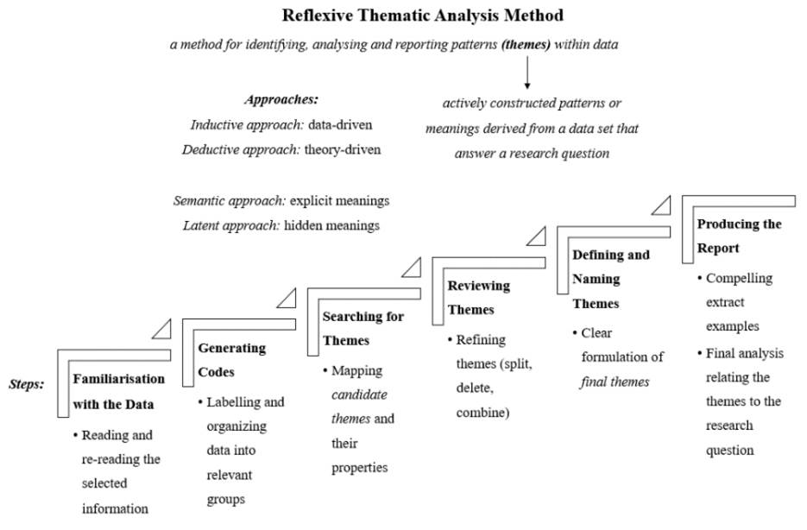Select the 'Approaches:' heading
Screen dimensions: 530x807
coord(282,100)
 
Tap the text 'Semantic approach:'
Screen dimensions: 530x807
coord(230,201)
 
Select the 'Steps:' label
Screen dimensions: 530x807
coord(26,384)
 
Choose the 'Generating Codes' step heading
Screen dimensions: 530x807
coord(231,360)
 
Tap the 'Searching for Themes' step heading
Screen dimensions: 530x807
coord(363,328)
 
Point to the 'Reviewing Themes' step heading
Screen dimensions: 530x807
coord(478,297)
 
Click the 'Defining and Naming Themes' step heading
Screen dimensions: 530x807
coord(610,279)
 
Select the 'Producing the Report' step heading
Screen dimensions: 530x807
coord(739,236)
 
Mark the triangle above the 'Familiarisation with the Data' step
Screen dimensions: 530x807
coord(162,328)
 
